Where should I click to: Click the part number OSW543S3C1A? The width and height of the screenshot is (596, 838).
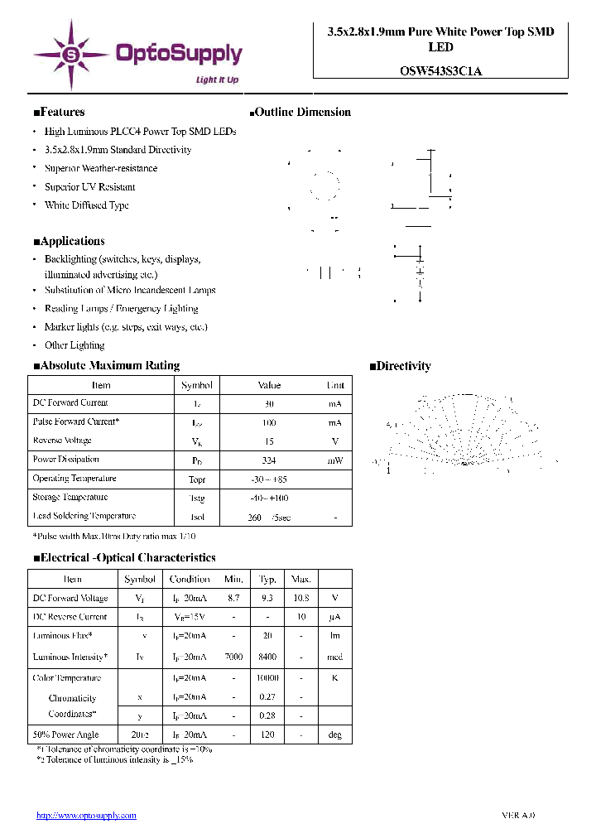point(440,71)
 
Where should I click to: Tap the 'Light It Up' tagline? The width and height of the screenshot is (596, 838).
point(217,80)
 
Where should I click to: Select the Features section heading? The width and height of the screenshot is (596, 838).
point(59,113)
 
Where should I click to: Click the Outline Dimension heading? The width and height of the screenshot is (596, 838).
point(300,113)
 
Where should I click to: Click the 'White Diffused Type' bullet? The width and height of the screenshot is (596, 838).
point(86,205)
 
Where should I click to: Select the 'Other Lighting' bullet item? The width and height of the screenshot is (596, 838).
point(74,345)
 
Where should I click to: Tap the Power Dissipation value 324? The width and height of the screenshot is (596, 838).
point(269,460)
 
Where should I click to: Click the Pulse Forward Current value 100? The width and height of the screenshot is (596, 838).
point(269,422)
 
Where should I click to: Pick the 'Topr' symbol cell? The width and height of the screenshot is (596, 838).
point(196,479)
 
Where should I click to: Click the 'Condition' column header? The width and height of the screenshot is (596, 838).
point(190,580)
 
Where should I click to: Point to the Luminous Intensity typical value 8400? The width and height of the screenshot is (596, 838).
point(267,657)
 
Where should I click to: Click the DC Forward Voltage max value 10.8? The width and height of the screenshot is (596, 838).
point(301,598)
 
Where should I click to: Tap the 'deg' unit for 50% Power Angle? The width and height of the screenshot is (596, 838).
point(334,735)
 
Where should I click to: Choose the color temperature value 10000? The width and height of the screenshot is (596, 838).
point(267,678)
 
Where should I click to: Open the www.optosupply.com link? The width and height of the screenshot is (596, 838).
point(86,816)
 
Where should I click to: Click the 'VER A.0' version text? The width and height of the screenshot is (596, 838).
point(518,816)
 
